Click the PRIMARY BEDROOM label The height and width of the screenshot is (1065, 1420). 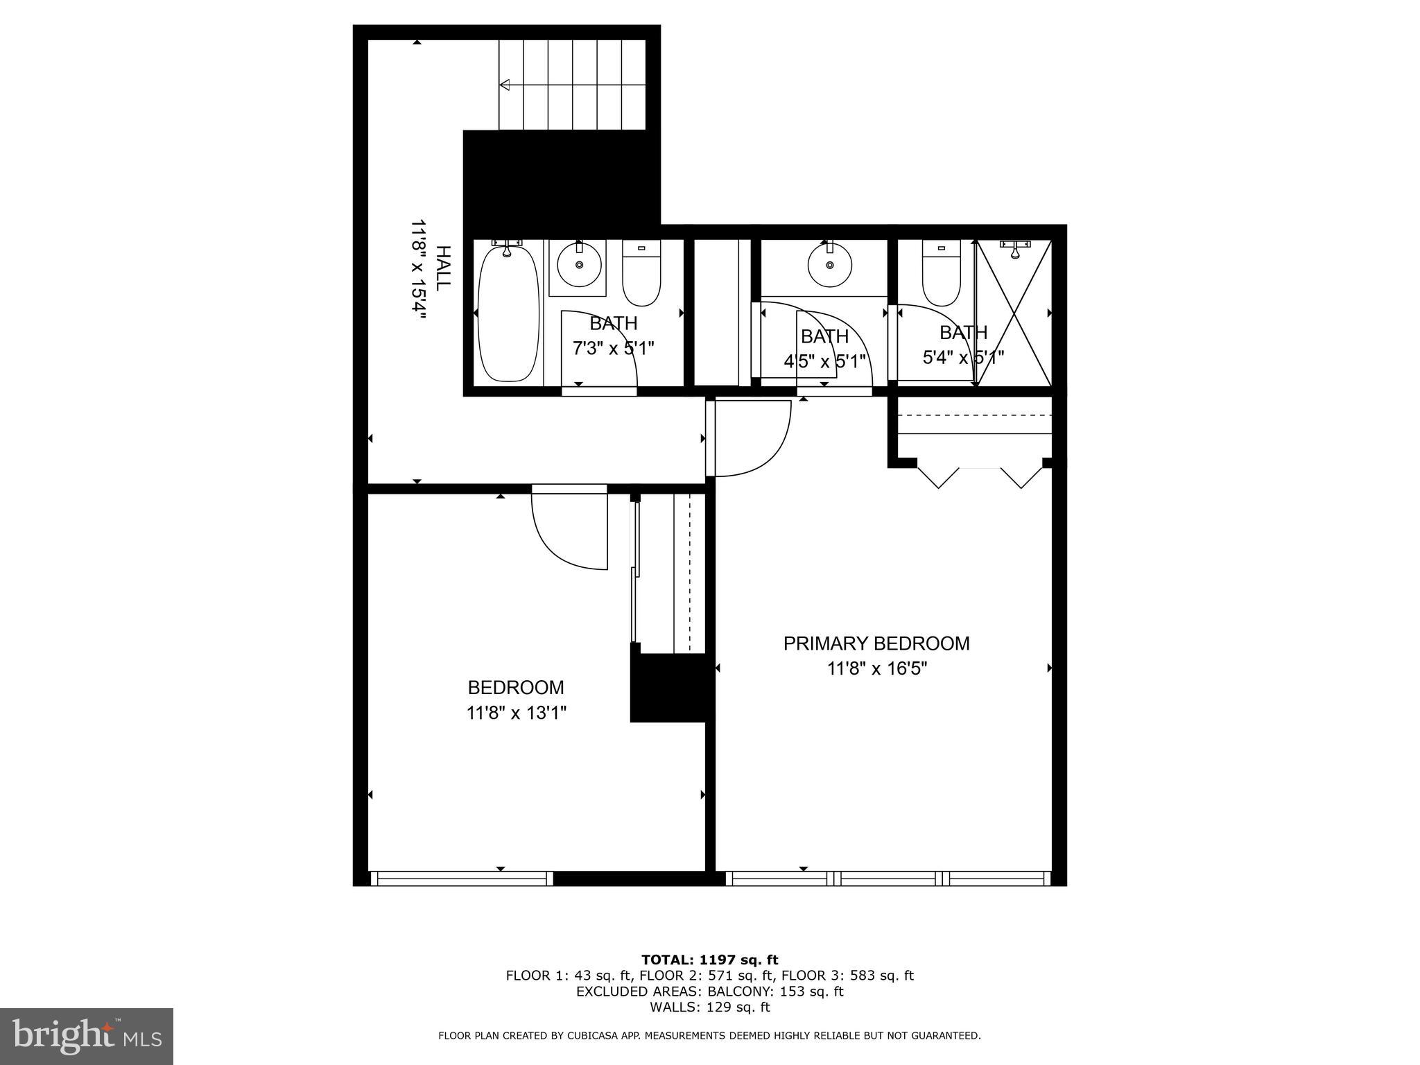tap(876, 643)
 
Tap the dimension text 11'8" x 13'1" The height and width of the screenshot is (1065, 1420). tap(517, 713)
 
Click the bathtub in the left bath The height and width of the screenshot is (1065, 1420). tap(509, 314)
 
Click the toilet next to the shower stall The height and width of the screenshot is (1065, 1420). tap(941, 277)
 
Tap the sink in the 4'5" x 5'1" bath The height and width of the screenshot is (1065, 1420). tap(829, 265)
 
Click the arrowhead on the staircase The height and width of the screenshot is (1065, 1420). tap(505, 85)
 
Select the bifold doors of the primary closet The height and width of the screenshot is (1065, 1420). tap(980, 477)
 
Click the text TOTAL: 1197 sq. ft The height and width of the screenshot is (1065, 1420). tap(709, 960)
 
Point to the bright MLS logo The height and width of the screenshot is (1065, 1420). tap(87, 1036)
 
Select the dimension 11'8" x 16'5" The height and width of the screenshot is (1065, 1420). tap(876, 669)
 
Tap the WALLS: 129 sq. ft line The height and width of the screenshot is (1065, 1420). tap(709, 1007)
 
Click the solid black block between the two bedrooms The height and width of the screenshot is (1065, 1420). tap(670, 688)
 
